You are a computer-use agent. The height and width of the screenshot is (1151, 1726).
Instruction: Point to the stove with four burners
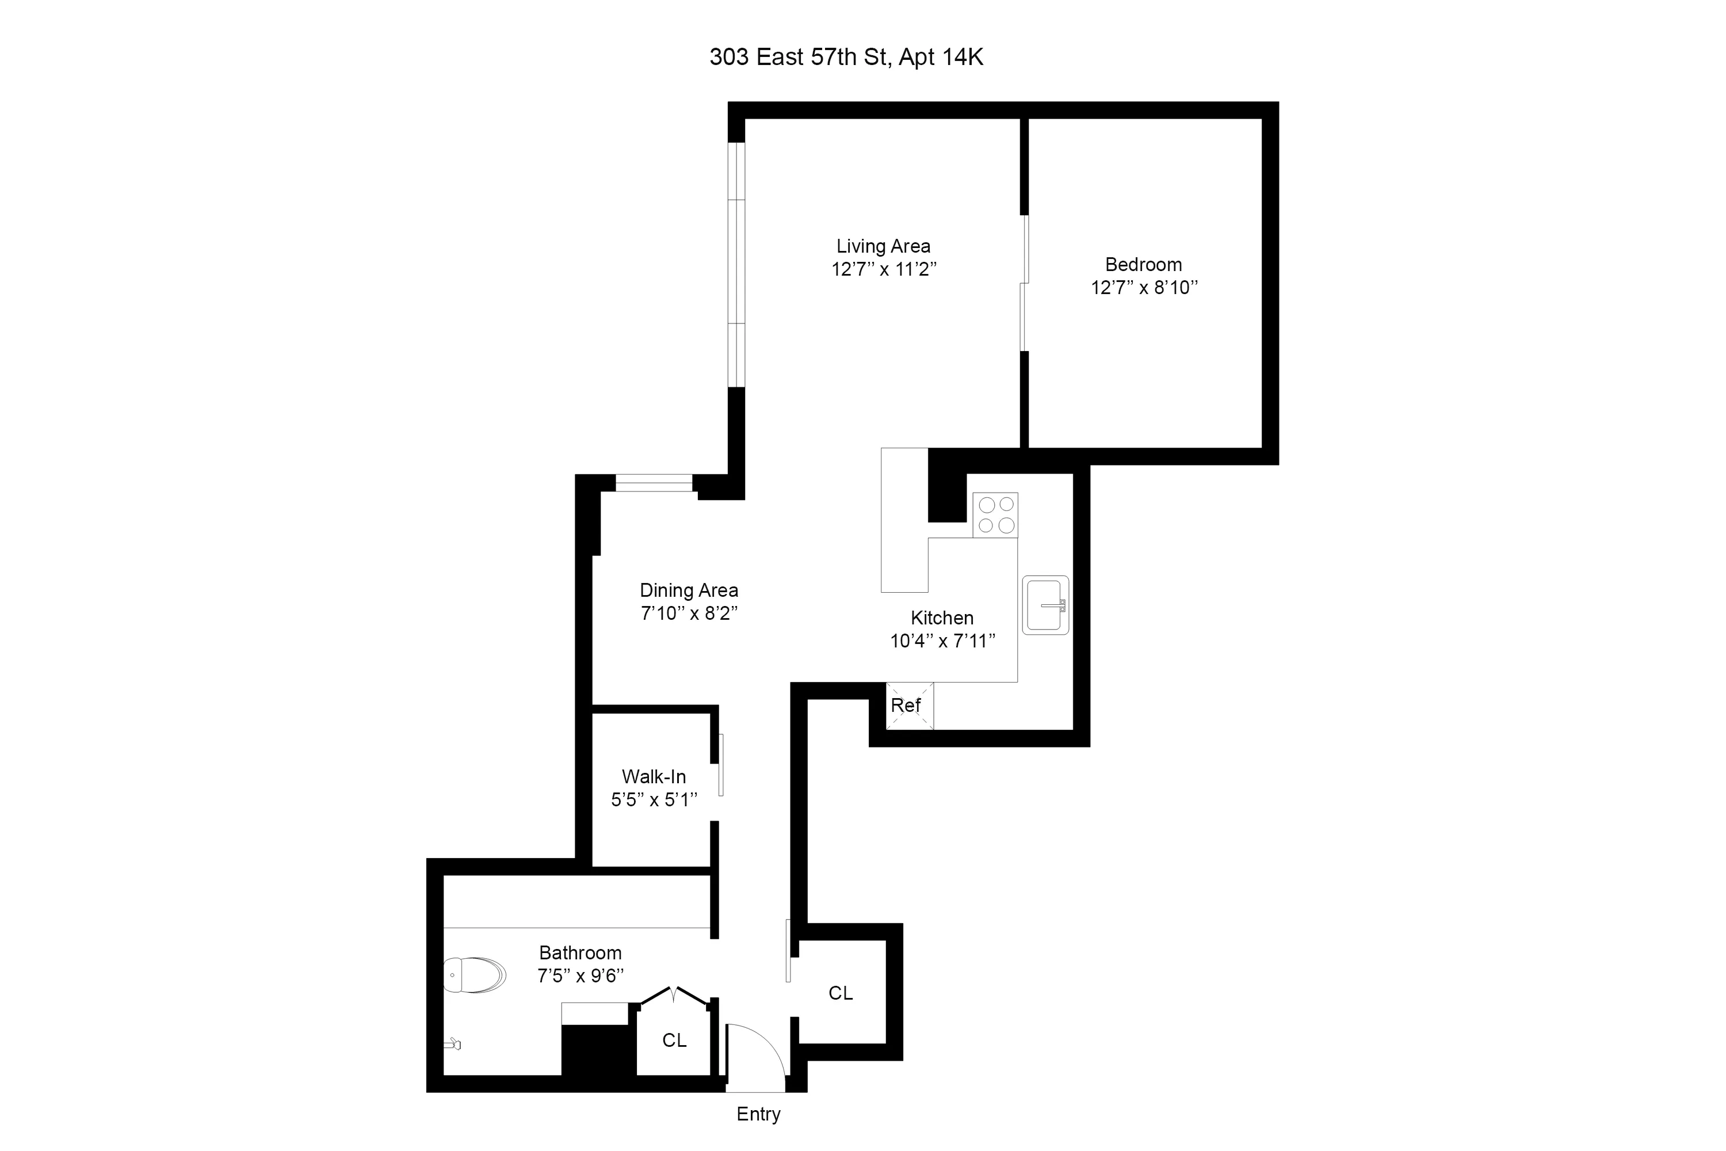point(995,514)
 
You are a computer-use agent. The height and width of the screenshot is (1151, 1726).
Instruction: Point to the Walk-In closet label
point(653,776)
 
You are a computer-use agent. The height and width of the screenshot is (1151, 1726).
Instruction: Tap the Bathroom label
point(580,953)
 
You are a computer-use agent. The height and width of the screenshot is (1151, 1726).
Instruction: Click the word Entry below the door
point(758,1114)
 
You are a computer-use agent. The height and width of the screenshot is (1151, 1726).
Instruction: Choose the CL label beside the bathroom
point(674,1040)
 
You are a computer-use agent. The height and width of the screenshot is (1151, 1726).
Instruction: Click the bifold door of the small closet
point(674,996)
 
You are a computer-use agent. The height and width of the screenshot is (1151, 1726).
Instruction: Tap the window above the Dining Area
point(653,482)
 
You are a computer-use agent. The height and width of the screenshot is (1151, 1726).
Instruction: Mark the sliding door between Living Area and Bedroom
point(1025,283)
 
